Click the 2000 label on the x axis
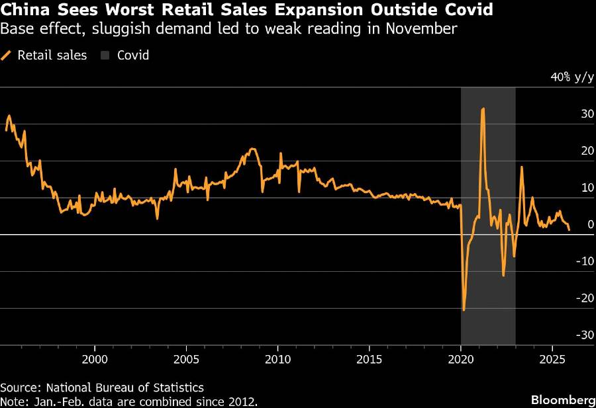coord(95,360)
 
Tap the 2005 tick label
coord(186,360)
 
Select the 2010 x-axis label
coord(277,360)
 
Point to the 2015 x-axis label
coord(369,360)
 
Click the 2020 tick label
coord(461,360)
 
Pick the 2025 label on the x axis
coord(552,360)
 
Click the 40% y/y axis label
coord(573,77)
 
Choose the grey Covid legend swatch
coord(104,55)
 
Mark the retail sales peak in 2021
coord(483,108)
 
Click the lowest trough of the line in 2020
coord(464,309)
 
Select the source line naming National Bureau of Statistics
coord(102,388)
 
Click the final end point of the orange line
coord(569,229)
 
